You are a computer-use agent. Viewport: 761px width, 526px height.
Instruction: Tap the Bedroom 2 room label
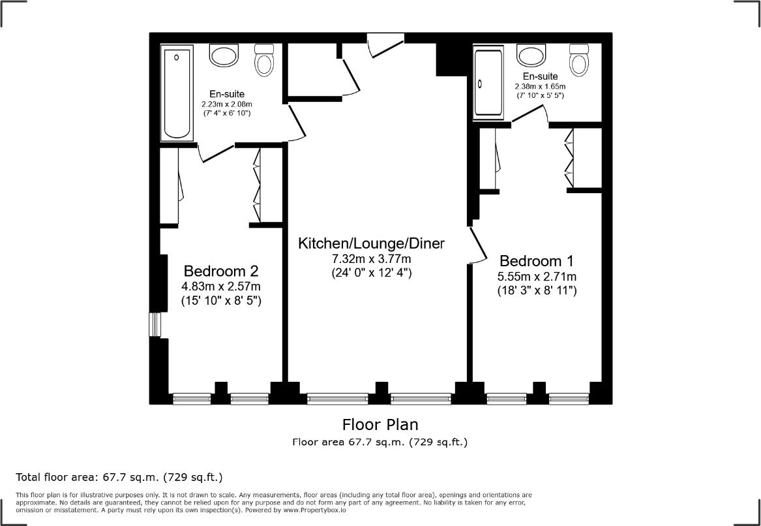(x=221, y=271)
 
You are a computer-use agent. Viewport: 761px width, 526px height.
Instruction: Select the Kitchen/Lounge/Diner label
(x=371, y=244)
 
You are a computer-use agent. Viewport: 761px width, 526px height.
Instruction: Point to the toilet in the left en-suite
(x=264, y=59)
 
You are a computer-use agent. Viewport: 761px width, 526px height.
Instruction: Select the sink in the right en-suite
(x=531, y=54)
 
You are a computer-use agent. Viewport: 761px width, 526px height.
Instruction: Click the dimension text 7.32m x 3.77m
(x=371, y=260)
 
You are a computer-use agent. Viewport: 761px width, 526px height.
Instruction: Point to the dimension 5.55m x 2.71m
(x=537, y=277)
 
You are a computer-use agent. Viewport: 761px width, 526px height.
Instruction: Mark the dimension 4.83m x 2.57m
(x=221, y=286)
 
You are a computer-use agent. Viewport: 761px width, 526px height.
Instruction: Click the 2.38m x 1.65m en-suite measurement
(x=540, y=86)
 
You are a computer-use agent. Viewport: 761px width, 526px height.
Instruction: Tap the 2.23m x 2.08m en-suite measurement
(x=226, y=104)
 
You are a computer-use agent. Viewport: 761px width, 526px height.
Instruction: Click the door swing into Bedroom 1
(x=478, y=245)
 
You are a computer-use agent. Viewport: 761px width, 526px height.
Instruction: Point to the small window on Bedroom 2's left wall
(x=155, y=324)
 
